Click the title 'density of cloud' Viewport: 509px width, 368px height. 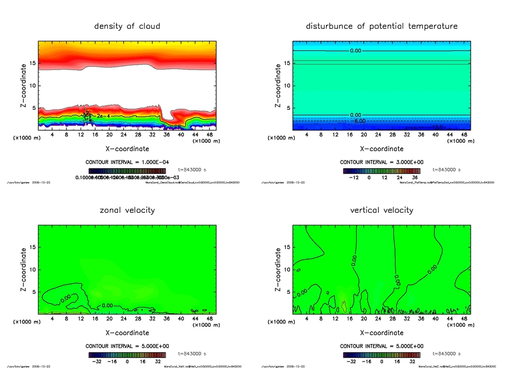(127, 26)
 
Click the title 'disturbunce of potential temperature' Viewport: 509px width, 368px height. (382, 26)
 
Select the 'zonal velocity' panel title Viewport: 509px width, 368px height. (127, 210)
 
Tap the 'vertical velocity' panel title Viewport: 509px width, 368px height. (382, 210)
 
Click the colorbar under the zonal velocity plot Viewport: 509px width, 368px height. (127, 355)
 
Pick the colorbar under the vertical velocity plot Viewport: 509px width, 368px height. (382, 355)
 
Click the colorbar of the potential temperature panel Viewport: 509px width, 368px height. (382, 171)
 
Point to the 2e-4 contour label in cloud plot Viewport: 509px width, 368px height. (103, 115)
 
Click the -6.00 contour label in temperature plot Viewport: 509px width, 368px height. (359, 121)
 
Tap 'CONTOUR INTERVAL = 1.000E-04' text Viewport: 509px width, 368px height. (127, 162)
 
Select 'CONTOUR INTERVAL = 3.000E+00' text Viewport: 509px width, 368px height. (382, 162)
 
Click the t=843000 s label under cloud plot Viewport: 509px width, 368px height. (192, 170)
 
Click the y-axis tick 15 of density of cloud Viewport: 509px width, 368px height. (33, 63)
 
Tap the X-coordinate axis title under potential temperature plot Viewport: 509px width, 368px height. (382, 149)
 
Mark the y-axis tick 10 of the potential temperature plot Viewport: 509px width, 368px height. (288, 86)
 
